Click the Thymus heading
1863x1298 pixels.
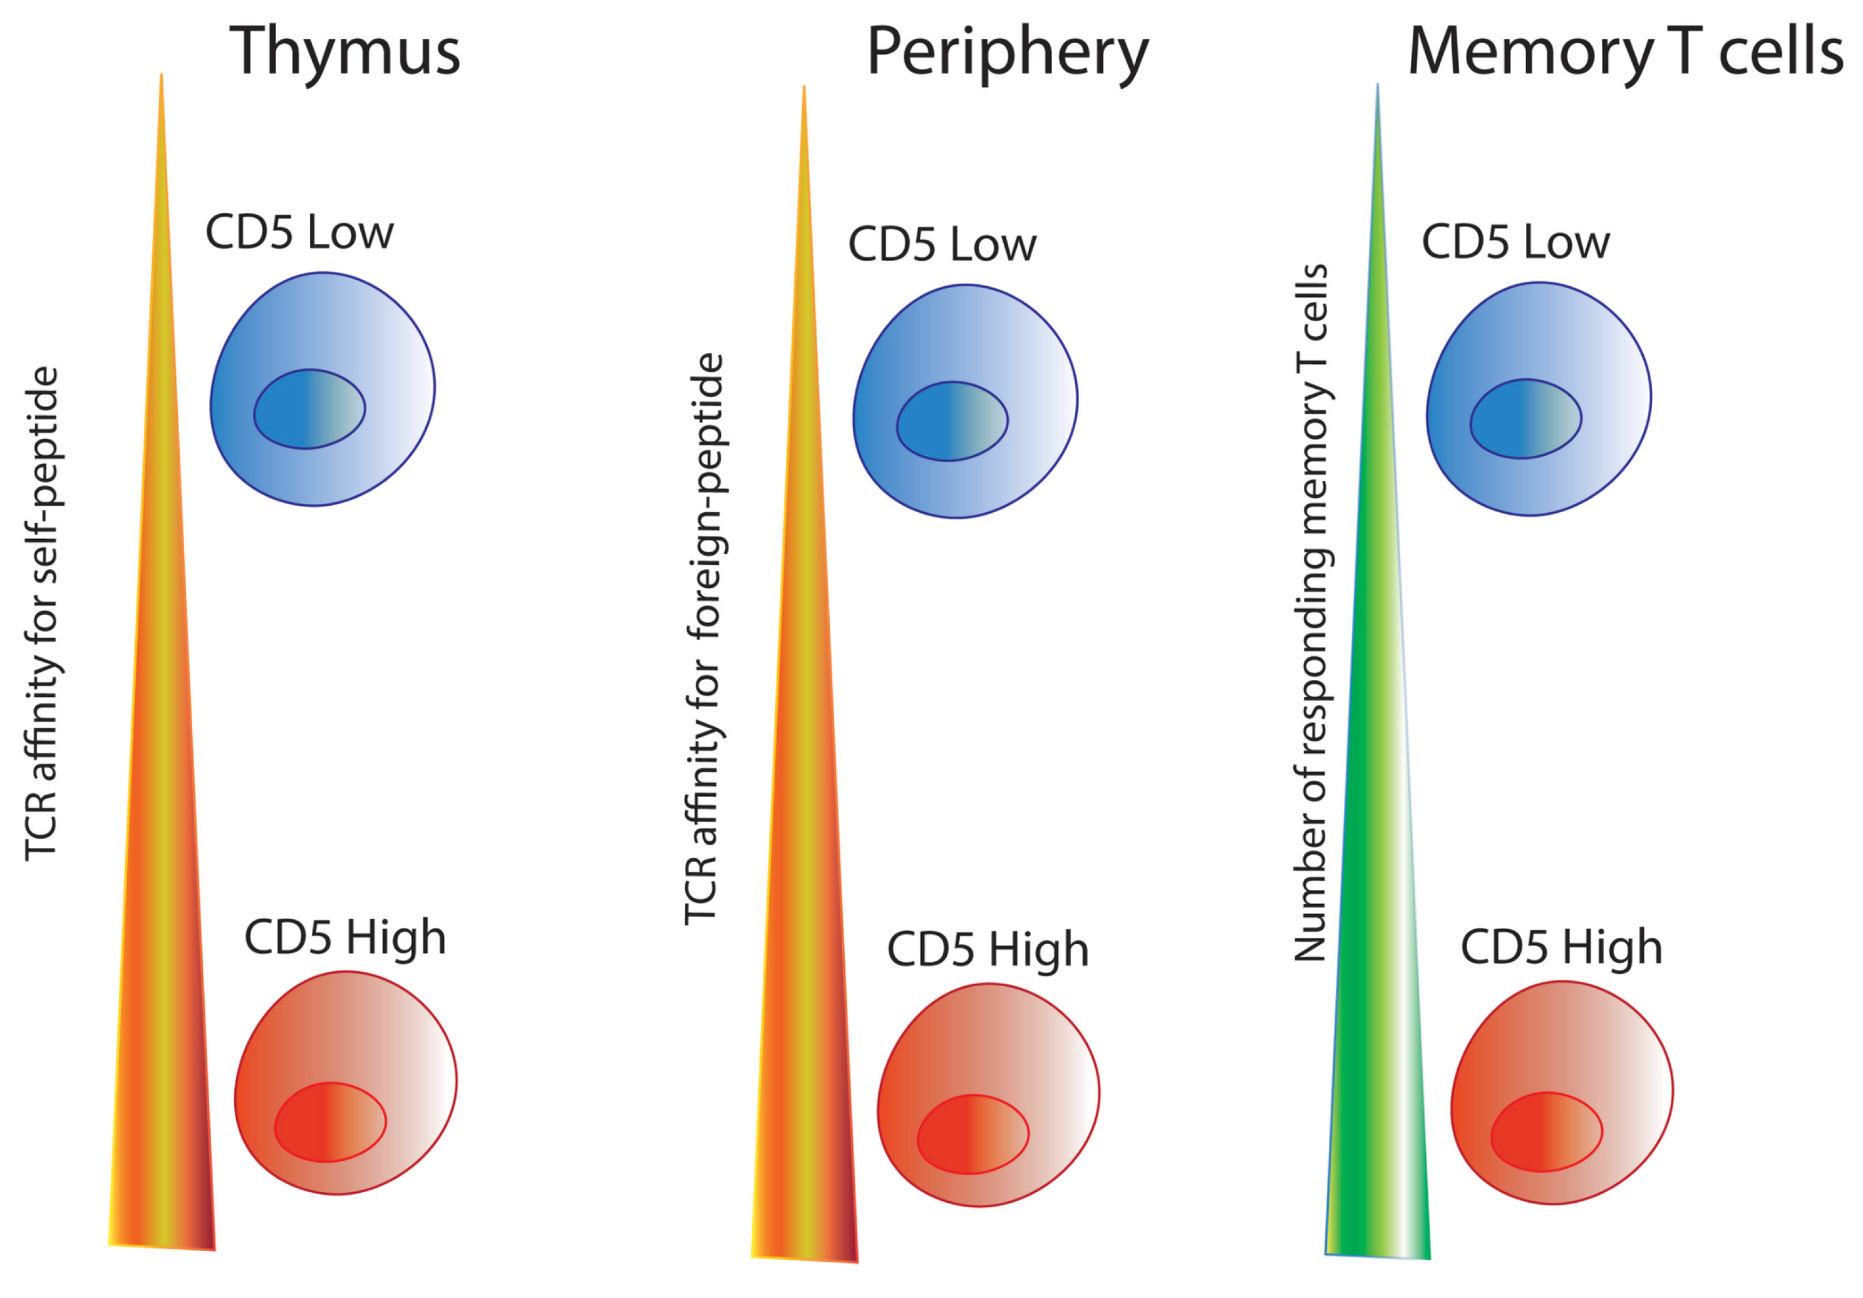[x=345, y=50]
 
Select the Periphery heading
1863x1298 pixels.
[x=1007, y=52]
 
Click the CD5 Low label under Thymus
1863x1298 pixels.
[x=299, y=233]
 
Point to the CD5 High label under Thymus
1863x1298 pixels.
[x=345, y=938]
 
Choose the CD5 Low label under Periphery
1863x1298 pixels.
[x=942, y=244]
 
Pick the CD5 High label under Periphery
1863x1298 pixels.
[x=988, y=950]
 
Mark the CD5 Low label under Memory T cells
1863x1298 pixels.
[x=1515, y=242]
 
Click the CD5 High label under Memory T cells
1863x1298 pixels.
[x=1561, y=947]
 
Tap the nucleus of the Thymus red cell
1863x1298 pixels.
[x=330, y=1122]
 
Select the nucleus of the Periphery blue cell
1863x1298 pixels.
[x=952, y=421]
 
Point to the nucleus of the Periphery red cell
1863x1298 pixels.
[x=973, y=1134]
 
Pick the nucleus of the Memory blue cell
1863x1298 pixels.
[x=1525, y=419]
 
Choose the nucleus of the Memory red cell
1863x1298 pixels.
[x=1547, y=1131]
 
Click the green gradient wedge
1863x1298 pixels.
[x=1378, y=892]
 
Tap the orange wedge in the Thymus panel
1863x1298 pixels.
[x=162, y=892]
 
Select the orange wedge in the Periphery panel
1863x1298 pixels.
[x=805, y=892]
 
